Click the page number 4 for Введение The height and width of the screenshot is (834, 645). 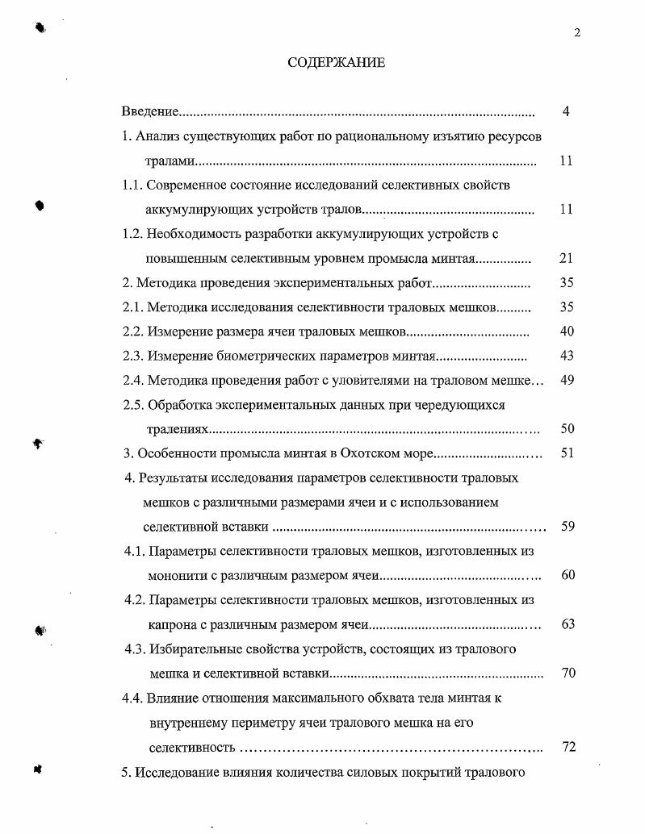point(566,111)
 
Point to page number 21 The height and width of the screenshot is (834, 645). point(566,259)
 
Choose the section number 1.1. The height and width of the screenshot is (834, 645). point(132,185)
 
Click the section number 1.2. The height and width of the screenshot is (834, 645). point(132,235)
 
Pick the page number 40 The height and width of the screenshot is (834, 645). point(566,332)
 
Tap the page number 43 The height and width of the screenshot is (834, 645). point(566,356)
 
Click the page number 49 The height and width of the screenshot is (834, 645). point(566,380)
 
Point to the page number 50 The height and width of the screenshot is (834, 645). point(566,429)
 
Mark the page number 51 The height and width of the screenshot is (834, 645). point(567,453)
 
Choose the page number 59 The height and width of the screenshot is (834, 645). point(567,527)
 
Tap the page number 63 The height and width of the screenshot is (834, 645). point(567,624)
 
